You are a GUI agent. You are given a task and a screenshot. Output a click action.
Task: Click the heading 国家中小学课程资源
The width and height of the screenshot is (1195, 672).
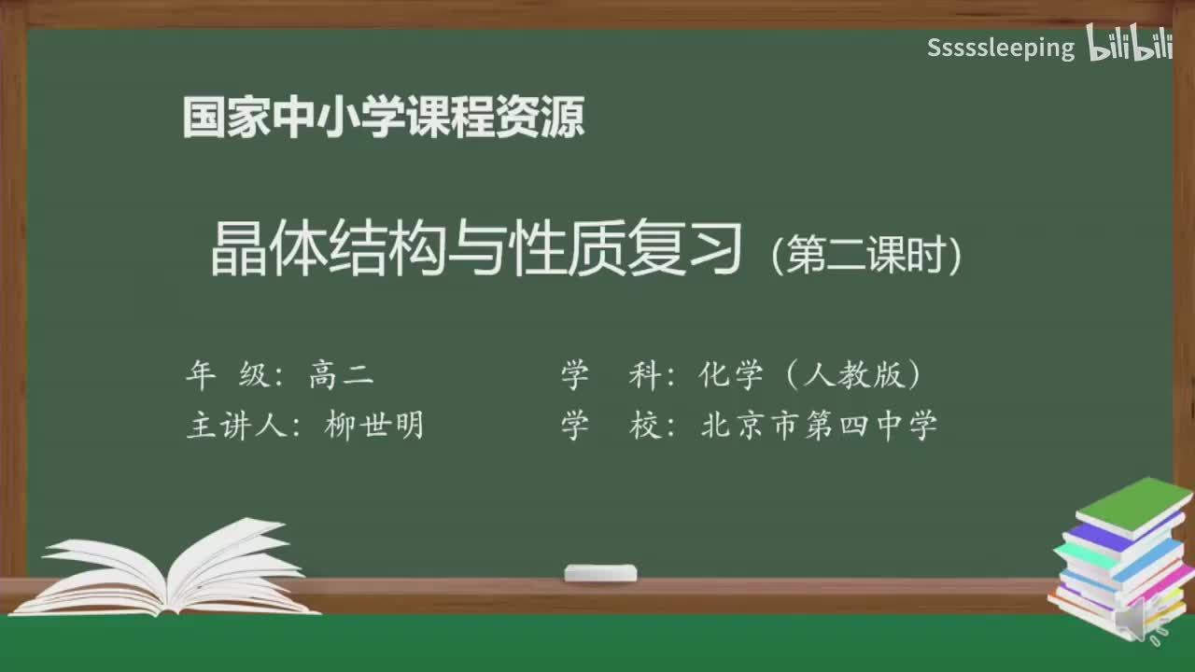[x=384, y=118]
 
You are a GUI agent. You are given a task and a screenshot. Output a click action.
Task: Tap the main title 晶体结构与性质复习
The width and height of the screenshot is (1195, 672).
[x=476, y=250]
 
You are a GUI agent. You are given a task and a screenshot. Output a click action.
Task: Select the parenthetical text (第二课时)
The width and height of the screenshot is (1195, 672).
[x=865, y=254]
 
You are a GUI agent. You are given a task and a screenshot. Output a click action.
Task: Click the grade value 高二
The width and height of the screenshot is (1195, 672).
[x=341, y=376]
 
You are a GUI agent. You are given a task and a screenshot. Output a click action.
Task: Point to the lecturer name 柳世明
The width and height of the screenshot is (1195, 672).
[x=374, y=426]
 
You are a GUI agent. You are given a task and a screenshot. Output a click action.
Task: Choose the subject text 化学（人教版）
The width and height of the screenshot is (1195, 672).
[x=810, y=376]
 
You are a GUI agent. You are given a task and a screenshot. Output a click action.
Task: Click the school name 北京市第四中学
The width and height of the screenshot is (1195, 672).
[x=819, y=426]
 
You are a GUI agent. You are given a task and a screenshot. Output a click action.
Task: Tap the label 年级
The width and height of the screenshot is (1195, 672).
[x=225, y=376]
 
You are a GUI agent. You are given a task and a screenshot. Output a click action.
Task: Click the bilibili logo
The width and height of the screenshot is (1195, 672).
[x=1129, y=45]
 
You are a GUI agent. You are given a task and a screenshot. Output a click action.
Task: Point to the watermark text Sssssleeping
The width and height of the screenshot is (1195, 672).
[x=1000, y=48]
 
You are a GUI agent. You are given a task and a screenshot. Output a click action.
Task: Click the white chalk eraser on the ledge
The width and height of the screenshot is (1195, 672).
[x=600, y=572]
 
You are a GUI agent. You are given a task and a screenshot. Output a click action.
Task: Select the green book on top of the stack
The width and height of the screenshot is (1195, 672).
[x=1134, y=504]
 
